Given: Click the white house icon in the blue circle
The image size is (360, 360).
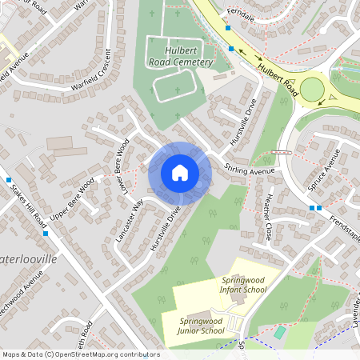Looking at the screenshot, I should (x=179, y=172).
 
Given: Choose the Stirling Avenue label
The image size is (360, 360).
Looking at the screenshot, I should (x=250, y=169).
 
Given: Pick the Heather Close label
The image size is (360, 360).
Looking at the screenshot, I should (x=268, y=216).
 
